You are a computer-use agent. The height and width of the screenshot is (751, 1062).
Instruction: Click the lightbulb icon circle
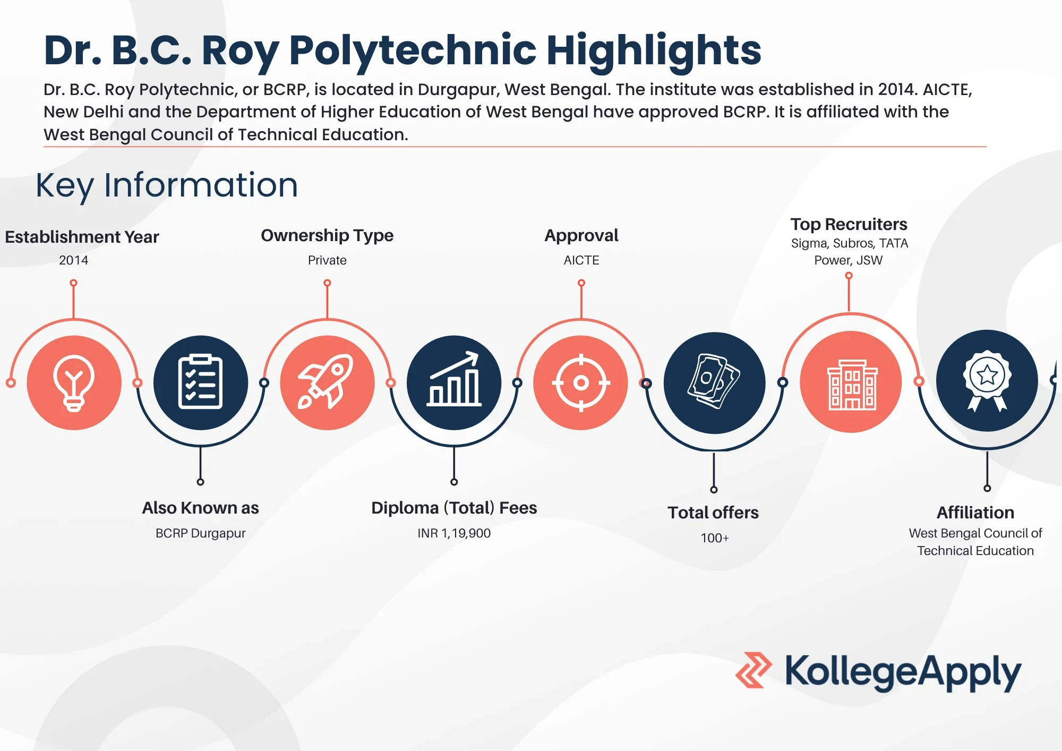coord(74,382)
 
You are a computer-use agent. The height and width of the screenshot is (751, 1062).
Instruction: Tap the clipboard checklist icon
coord(200,382)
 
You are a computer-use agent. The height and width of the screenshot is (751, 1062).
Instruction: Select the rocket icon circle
coord(327,382)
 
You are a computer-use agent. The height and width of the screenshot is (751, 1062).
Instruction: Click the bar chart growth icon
coord(454,382)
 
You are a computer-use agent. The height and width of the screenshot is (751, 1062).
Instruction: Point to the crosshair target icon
coord(581,382)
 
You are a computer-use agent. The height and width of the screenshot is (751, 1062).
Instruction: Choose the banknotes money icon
coord(714,382)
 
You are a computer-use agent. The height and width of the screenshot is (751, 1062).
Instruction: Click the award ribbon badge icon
coord(987,380)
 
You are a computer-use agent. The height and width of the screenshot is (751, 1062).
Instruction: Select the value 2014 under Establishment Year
coord(73,260)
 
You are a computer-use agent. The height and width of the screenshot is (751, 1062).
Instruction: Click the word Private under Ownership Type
coord(327,260)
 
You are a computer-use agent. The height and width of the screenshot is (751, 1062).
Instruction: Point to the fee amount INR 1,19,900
coord(454,533)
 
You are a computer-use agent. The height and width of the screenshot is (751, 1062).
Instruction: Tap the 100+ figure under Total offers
coord(715,538)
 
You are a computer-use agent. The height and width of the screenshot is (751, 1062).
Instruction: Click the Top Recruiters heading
coord(849,224)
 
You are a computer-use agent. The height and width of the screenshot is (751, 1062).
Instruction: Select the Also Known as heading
coord(200,508)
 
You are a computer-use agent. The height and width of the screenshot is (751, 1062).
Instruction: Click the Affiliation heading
coord(975,513)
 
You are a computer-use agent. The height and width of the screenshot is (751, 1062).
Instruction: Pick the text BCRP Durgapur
coord(200,533)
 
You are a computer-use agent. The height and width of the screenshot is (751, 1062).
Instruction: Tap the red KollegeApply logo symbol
coord(753,670)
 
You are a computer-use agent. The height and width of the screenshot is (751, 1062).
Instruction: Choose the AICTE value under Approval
coord(581,260)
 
